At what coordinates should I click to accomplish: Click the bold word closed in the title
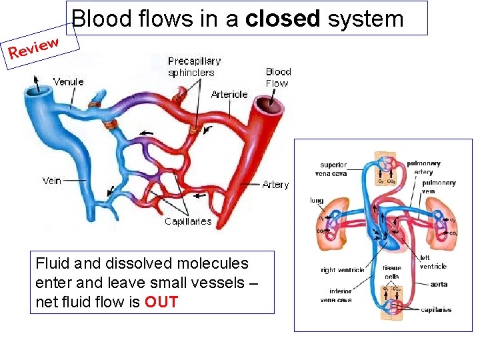pos(283,19)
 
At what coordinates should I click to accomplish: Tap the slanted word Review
pos(34,47)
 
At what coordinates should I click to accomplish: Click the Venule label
pos(68,82)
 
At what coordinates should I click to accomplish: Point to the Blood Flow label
pos(278,77)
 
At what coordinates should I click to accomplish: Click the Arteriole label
pos(229,95)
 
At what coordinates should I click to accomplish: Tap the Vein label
pos(52,180)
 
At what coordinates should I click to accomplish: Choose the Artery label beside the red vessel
pos(275,185)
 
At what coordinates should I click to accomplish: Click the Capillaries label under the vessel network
pos(188,221)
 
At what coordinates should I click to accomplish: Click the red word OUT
pos(161,302)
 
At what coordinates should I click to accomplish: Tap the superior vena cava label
pos(333,169)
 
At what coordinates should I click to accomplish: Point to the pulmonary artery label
pos(423,167)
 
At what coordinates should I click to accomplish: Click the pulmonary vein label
pos(439,187)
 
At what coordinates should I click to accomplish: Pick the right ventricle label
pos(343,270)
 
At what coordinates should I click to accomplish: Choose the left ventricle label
pos(433,262)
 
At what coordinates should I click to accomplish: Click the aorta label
pos(439,285)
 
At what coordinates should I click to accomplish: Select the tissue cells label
pos(392,272)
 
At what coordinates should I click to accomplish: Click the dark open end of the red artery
pos(273,104)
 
